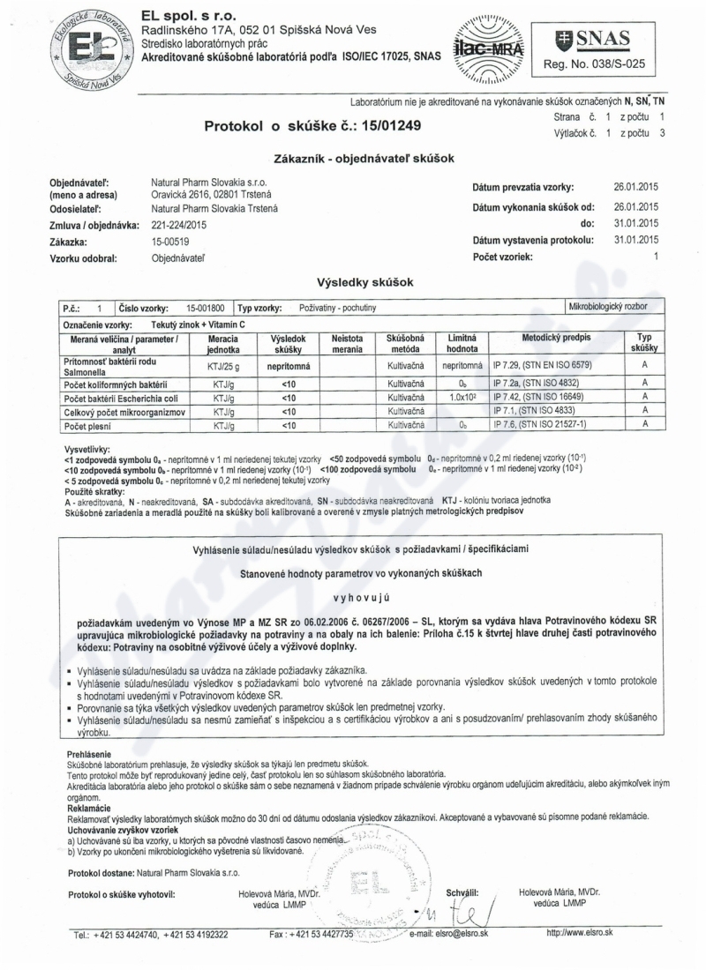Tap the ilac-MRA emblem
[x=489, y=42]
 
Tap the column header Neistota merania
[x=348, y=344]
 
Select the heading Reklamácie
[x=88, y=807]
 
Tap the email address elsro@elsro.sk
[x=448, y=934]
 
